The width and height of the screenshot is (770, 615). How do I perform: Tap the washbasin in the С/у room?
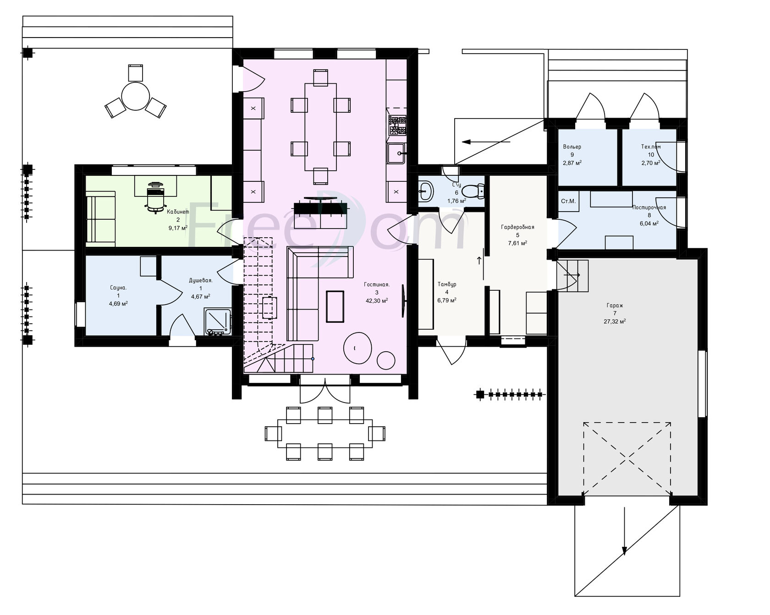(x=426, y=190)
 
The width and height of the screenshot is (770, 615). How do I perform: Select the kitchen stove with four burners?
(x=397, y=126)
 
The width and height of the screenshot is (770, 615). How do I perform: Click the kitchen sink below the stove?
(x=396, y=153)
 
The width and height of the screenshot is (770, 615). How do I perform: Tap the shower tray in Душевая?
(x=218, y=322)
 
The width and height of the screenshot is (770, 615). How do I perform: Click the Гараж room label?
(x=615, y=305)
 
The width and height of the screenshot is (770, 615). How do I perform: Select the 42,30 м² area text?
(x=377, y=301)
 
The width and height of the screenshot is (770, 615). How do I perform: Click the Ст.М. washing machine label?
(x=568, y=201)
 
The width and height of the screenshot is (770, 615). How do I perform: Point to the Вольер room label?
(x=572, y=147)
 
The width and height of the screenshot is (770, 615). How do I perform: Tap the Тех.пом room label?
(x=651, y=147)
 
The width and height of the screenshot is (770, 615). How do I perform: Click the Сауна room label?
(x=118, y=288)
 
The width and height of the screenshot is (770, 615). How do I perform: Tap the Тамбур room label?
(x=446, y=284)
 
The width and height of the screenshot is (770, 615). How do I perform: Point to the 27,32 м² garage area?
(x=615, y=321)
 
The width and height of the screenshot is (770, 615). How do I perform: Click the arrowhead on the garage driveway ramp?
(x=624, y=550)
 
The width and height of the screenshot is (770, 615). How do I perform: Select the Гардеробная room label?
(x=517, y=227)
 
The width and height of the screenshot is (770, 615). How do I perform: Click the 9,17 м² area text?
(x=178, y=228)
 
